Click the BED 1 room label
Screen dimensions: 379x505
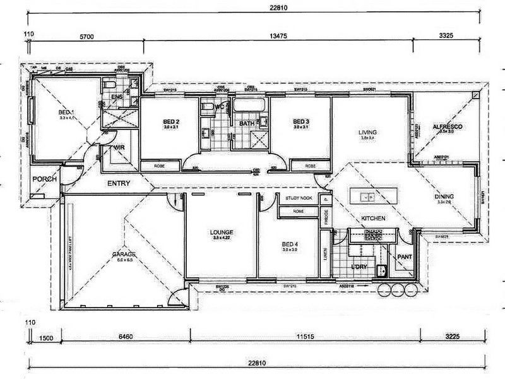tap(66, 112)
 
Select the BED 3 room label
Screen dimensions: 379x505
tap(300, 121)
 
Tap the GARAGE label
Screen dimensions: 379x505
tap(124, 254)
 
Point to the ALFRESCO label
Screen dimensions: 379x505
tap(448, 127)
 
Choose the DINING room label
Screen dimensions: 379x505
tap(444, 196)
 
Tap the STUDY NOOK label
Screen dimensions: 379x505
tap(299, 198)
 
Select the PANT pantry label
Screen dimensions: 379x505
tap(403, 257)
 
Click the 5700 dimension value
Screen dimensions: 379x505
tap(87, 37)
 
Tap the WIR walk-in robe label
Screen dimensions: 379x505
tap(118, 148)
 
